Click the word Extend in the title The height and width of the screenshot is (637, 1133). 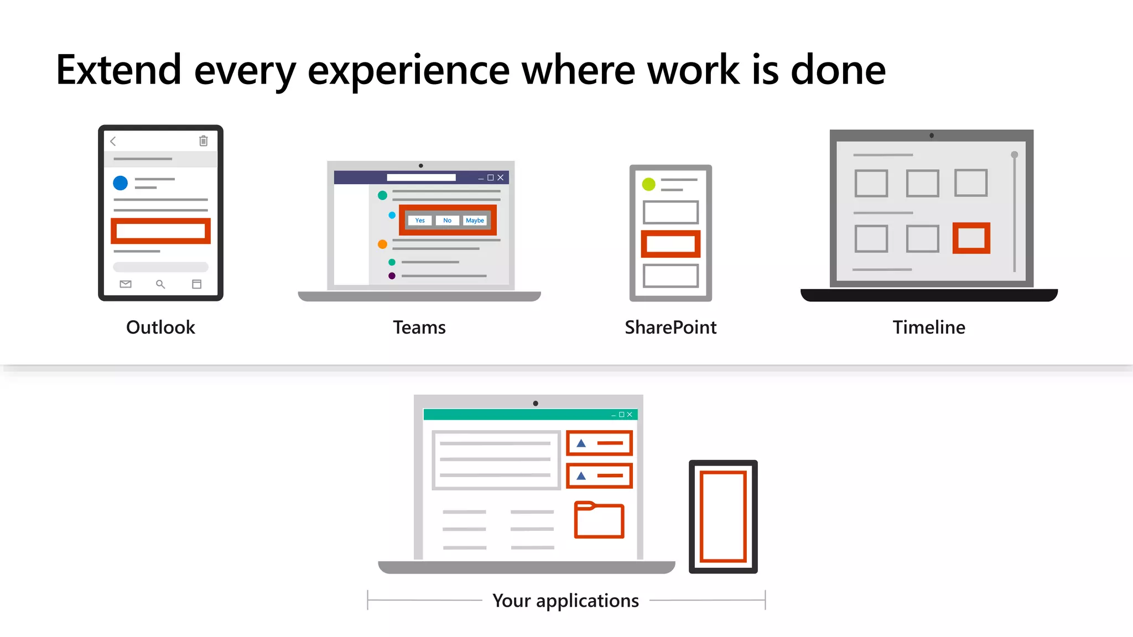click(118, 70)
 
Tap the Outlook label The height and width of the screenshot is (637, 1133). click(160, 327)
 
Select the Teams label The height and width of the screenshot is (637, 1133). click(419, 327)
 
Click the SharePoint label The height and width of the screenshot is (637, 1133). click(671, 327)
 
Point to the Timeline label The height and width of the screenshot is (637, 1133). click(929, 327)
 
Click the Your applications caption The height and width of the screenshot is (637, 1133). click(565, 601)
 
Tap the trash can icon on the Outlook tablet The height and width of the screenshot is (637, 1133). click(204, 141)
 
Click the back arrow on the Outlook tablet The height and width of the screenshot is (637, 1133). click(113, 142)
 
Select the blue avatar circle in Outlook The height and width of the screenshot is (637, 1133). click(120, 183)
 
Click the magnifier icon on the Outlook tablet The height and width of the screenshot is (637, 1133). click(160, 284)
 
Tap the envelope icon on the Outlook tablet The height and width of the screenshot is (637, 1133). click(126, 284)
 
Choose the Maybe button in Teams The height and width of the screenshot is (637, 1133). click(475, 221)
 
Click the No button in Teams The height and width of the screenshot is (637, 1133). click(447, 221)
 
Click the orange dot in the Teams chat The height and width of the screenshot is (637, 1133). click(382, 244)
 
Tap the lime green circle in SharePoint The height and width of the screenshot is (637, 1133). click(649, 184)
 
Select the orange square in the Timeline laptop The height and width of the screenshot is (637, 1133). click(971, 238)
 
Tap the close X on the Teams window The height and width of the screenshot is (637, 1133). click(501, 177)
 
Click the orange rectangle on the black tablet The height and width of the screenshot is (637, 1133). click(723, 516)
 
